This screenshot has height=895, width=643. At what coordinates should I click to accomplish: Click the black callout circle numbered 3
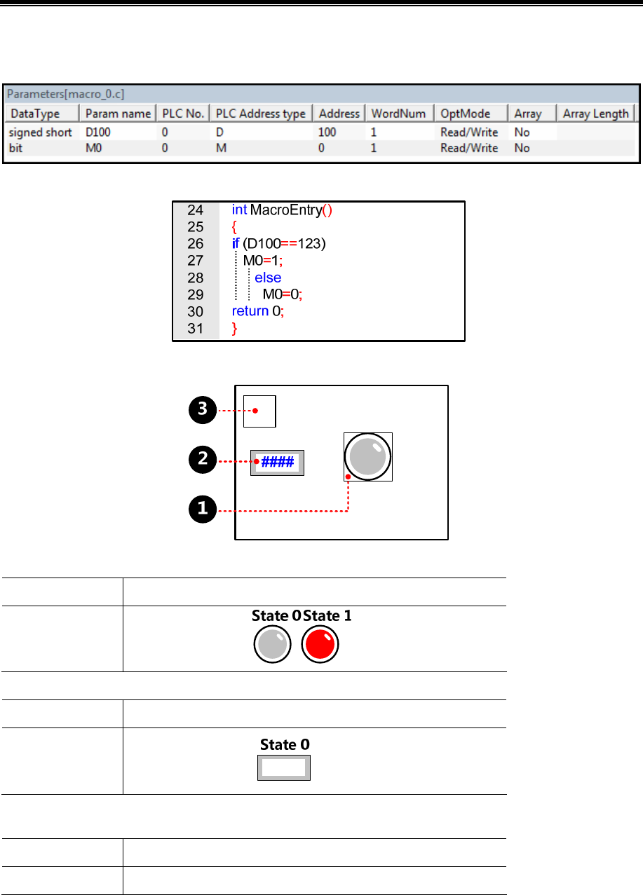pyautogui.click(x=203, y=409)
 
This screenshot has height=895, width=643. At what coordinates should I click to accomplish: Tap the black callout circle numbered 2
pyautogui.click(x=203, y=460)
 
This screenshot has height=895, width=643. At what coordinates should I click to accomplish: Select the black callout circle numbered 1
pyautogui.click(x=203, y=509)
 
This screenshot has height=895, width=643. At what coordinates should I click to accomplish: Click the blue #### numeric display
pyautogui.click(x=278, y=463)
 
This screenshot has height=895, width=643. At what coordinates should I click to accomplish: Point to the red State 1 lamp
pyautogui.click(x=320, y=643)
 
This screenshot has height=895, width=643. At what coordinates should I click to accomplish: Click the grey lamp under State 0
pyautogui.click(x=272, y=643)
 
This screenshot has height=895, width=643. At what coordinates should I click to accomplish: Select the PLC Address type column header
pyautogui.click(x=261, y=114)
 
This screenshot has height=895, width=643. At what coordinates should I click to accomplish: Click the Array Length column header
pyautogui.click(x=595, y=114)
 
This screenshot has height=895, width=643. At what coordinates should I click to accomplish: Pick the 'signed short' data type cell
pyautogui.click(x=41, y=132)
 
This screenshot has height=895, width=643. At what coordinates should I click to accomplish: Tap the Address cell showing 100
pyautogui.click(x=327, y=132)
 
